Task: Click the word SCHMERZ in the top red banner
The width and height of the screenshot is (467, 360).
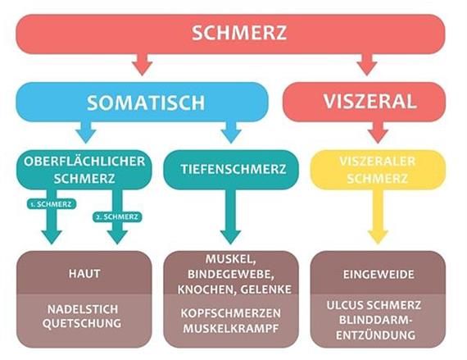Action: coord(239,33)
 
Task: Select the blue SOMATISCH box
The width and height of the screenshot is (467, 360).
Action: coord(142,102)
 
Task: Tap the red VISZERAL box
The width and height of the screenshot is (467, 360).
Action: coord(364,102)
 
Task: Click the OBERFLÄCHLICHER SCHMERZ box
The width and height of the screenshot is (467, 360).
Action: coord(84,170)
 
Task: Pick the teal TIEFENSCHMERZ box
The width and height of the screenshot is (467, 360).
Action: coord(231,170)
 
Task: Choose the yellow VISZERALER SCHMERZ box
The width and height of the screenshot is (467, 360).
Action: coord(378,170)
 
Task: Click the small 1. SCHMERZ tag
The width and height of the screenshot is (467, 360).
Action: coord(52,204)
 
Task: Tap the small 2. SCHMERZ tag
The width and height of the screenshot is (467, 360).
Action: coord(117,216)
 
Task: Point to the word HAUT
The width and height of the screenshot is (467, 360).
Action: coord(84,274)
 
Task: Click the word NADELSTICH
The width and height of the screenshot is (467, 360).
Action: coord(83,309)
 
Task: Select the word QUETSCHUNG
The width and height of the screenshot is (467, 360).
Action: coord(82,323)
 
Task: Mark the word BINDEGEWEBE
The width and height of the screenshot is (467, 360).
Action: coord(231,274)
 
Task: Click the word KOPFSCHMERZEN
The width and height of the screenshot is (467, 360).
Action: coord(231,313)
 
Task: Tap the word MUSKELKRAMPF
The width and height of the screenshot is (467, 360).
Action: coord(231,328)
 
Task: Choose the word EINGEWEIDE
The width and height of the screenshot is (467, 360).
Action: coord(379,275)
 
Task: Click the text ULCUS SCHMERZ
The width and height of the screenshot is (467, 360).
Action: coord(374,305)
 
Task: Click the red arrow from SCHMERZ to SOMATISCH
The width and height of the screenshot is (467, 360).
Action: coord(142,64)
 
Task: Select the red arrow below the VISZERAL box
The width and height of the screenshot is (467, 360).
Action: coord(378,132)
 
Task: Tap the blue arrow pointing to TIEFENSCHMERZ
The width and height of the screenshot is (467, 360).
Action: coord(231,132)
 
